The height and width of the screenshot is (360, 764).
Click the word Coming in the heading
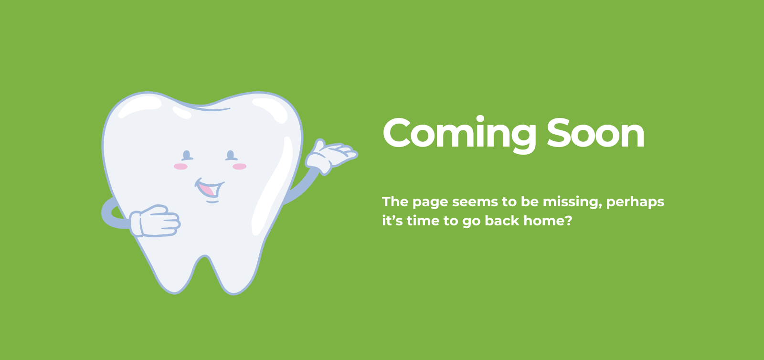click(x=459, y=134)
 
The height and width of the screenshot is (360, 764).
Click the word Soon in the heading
click(x=596, y=132)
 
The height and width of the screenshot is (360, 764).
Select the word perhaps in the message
click(x=636, y=202)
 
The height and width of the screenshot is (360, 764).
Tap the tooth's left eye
click(x=187, y=156)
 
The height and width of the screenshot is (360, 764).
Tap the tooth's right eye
click(x=231, y=156)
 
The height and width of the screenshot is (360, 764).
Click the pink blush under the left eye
click(x=180, y=166)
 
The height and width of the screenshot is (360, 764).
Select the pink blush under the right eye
click(x=239, y=166)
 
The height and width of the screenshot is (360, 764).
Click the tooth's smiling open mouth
click(x=209, y=188)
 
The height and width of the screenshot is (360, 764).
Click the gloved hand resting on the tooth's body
click(x=155, y=221)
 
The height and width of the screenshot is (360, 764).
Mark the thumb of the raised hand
click(x=319, y=145)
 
